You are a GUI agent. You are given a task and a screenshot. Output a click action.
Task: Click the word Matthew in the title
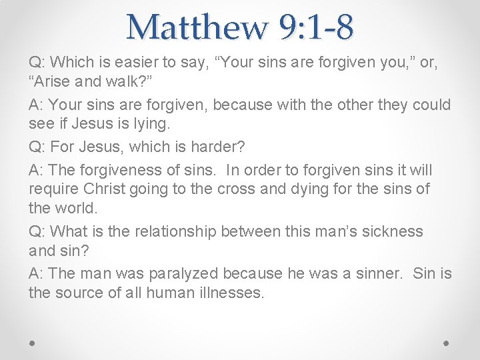click(197, 27)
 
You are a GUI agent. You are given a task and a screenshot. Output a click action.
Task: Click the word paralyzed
click(183, 273)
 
